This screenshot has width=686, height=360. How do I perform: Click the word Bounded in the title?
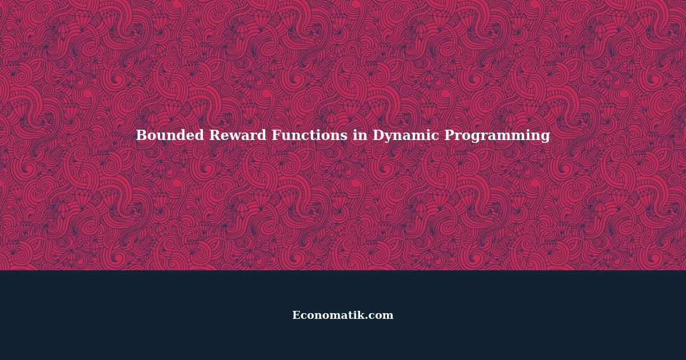[x=169, y=135]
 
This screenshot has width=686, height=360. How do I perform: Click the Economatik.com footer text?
[x=343, y=315]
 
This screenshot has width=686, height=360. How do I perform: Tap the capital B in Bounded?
[x=141, y=135]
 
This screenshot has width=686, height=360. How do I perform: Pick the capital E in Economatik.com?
[x=296, y=315]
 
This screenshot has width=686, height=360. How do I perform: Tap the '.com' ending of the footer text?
[x=381, y=316]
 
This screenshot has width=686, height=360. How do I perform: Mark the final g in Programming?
[x=545, y=138]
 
